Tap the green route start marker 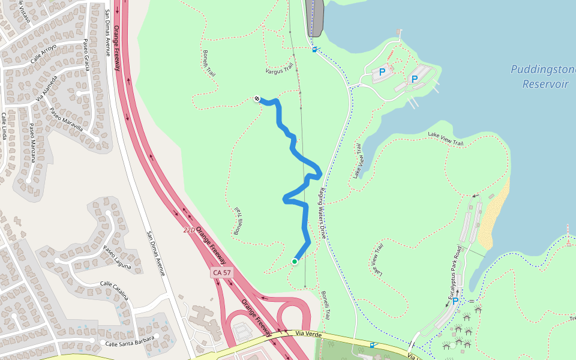[295, 262]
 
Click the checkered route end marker [257, 98]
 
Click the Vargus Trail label [282, 70]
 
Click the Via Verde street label [309, 334]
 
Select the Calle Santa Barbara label [129, 341]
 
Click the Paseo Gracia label [86, 55]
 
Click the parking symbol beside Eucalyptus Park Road [455, 301]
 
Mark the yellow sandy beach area [497, 216]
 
